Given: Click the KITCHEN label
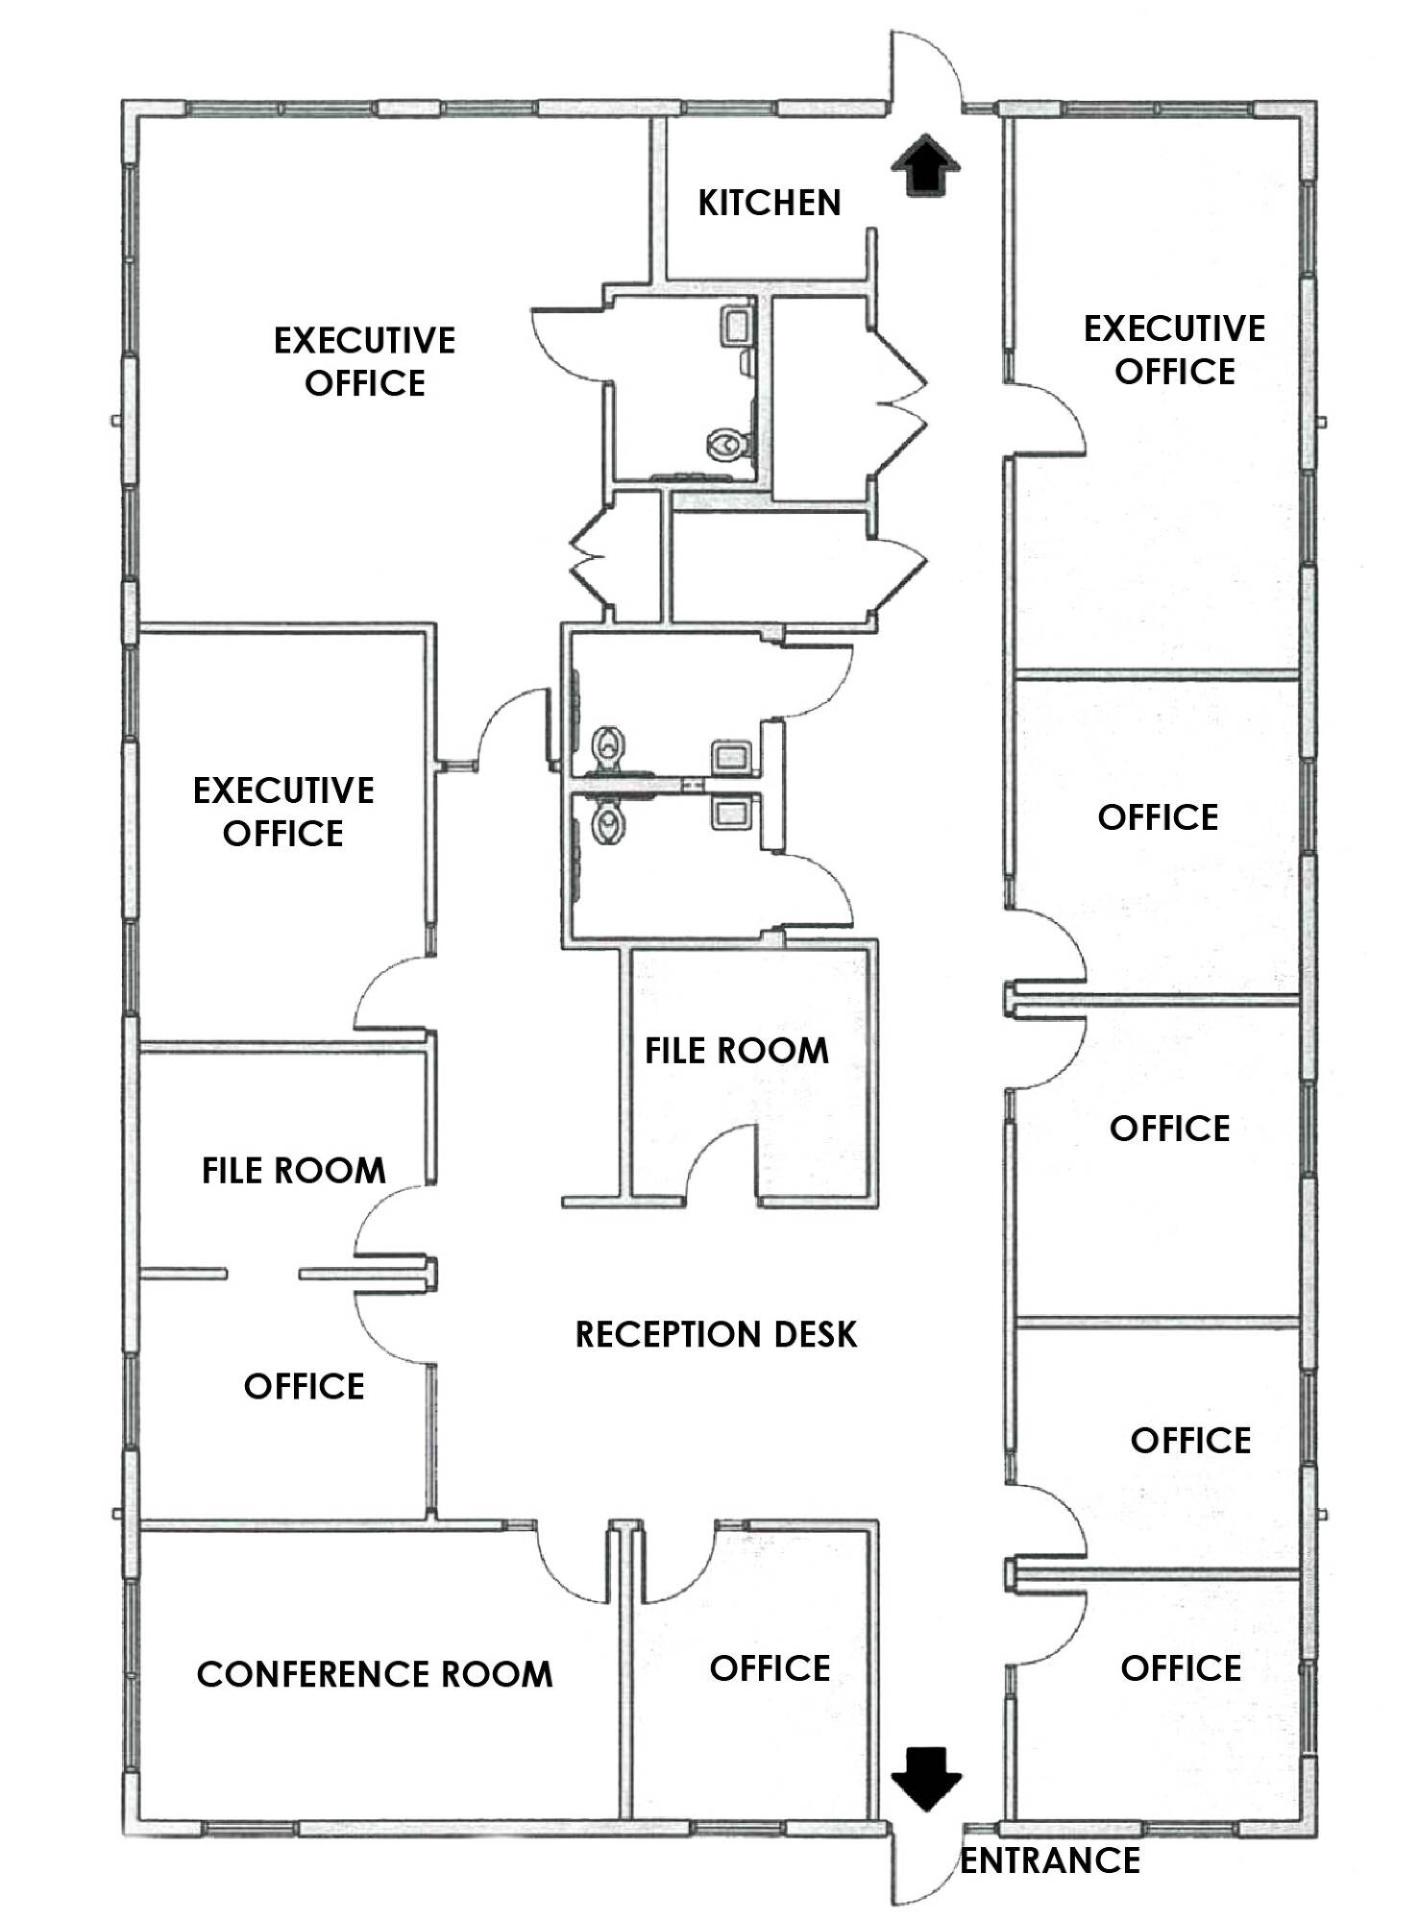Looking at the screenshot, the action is pos(769,203).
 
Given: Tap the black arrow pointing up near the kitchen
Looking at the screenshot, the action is pos(925,165).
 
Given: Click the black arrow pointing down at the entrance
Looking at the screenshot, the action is pos(926,1779).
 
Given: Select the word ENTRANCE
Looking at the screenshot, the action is pos(1050,1860).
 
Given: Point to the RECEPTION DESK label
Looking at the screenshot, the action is pos(716,1334).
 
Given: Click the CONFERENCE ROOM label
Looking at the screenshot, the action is pos(375,1674).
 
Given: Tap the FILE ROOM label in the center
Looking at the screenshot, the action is pos(736,1051).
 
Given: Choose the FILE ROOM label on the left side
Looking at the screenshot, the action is pos(294,1170).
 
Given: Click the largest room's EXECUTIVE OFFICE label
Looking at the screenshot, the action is pos(365,361).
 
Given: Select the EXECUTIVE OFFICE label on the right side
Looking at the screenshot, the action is pos(1174,350).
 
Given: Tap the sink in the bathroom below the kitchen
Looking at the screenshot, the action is pos(735,327).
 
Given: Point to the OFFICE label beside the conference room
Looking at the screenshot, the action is pos(770,1668).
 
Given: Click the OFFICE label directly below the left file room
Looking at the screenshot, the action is pos(304,1386).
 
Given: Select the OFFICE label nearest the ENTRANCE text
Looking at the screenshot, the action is pos(1181,1668).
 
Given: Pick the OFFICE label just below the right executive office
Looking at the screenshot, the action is pos(1158,817).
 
